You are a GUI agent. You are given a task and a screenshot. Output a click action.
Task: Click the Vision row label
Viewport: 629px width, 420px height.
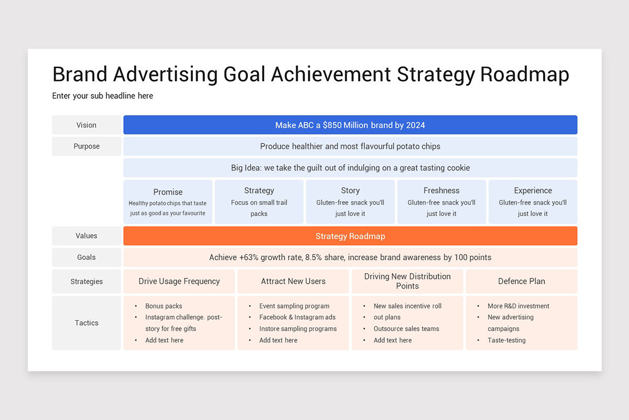(x=86, y=125)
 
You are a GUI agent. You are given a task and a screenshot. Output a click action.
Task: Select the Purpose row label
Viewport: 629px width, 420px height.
(x=86, y=146)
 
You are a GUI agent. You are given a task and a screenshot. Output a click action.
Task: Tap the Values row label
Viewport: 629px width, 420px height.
(x=86, y=236)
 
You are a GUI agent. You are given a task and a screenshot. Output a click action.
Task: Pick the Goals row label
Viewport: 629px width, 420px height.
(x=86, y=257)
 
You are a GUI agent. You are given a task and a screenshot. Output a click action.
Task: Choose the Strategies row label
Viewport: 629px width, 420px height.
(x=86, y=281)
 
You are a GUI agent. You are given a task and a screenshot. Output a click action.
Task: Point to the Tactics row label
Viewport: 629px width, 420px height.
(x=86, y=323)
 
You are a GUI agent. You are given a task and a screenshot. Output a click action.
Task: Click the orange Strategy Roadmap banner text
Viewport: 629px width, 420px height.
(x=350, y=236)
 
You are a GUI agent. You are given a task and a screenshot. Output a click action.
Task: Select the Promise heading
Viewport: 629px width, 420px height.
(x=168, y=192)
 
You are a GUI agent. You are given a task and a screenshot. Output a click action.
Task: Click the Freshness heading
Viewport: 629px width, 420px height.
(x=441, y=191)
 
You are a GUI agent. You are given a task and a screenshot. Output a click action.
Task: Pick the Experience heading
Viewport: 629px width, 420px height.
(x=533, y=191)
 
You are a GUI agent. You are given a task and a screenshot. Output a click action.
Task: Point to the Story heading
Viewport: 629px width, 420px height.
(x=350, y=191)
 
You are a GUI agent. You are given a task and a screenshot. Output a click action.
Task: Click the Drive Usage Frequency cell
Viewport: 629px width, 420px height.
(x=179, y=281)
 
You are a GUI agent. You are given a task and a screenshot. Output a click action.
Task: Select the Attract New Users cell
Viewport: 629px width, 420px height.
(x=293, y=281)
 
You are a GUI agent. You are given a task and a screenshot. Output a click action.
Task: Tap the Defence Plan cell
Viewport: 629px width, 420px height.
(x=522, y=281)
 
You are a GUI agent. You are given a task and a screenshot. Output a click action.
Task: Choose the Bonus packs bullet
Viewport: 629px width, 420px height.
(x=164, y=306)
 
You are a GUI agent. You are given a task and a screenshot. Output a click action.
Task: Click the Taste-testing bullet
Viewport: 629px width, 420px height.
(x=506, y=340)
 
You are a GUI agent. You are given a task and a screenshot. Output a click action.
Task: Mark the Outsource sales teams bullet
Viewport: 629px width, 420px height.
(x=406, y=329)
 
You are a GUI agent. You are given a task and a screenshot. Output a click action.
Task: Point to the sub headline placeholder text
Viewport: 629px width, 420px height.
(x=103, y=96)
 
